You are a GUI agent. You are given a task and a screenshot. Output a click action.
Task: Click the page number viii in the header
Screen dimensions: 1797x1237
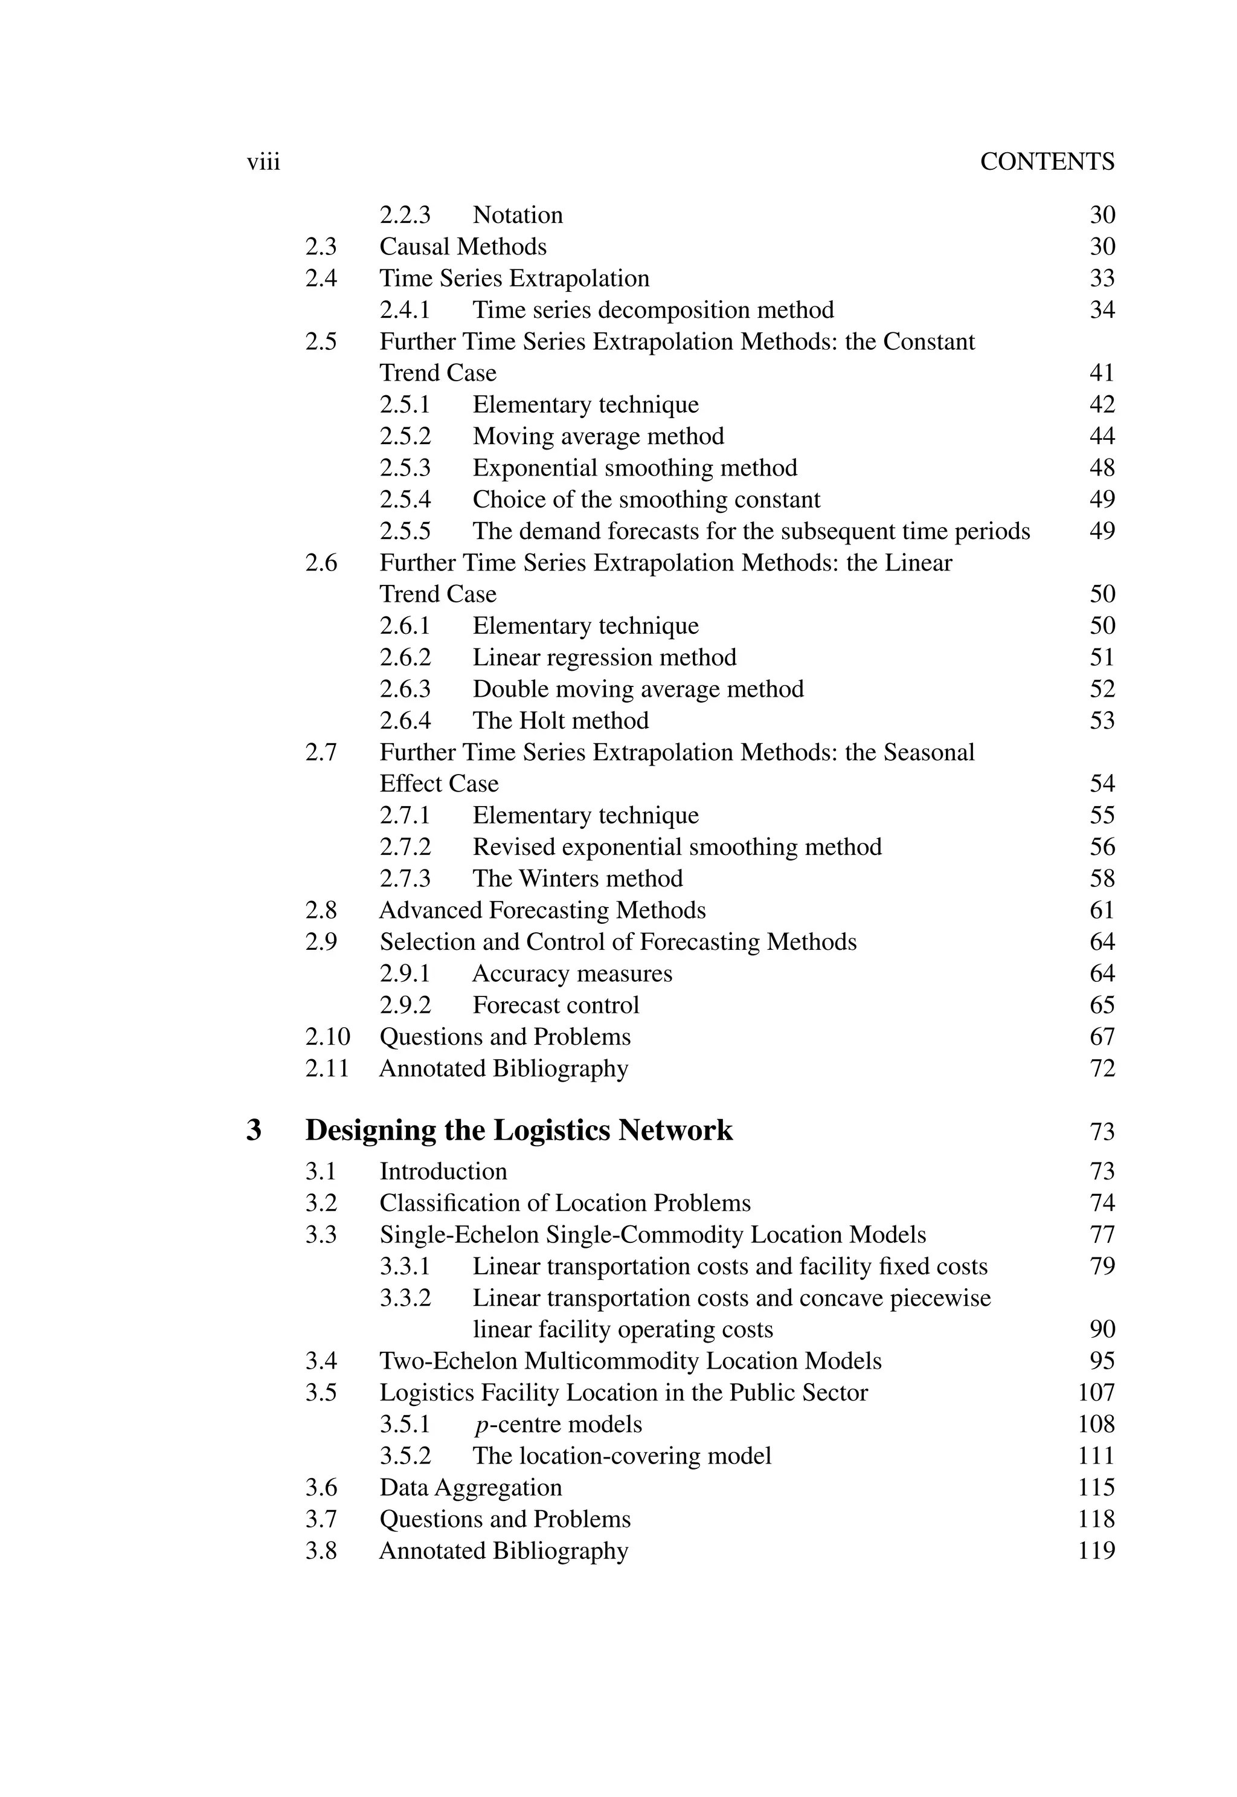tap(263, 163)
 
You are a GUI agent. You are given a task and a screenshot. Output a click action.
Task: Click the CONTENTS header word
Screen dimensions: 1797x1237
tap(1046, 161)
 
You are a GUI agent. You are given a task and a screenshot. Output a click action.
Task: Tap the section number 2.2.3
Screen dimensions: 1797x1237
tap(405, 215)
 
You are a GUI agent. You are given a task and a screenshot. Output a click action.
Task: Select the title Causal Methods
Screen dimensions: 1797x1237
tap(463, 247)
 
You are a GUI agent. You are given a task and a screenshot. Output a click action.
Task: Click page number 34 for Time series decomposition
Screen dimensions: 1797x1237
tap(1101, 310)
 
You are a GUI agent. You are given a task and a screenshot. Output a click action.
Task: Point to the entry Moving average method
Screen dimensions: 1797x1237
tap(597, 436)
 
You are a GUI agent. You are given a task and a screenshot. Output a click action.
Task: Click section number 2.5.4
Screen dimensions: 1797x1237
tap(405, 499)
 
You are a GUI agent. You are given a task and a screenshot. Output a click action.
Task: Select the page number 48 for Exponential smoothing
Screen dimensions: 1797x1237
tap(1101, 468)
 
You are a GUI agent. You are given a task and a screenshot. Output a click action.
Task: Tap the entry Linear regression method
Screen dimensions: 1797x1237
tap(604, 657)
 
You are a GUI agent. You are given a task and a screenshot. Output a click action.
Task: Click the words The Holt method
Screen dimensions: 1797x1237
tap(561, 721)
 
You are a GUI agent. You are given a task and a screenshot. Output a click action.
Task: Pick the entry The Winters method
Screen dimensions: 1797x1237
tap(577, 879)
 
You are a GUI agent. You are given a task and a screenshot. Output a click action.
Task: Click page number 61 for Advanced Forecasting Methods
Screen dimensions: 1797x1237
tap(1101, 910)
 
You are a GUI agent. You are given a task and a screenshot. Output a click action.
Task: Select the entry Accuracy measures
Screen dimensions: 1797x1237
tap(572, 973)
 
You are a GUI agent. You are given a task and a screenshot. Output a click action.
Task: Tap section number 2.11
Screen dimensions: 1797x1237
tap(326, 1068)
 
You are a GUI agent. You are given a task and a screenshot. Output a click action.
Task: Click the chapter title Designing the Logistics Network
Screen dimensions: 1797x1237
tap(518, 1131)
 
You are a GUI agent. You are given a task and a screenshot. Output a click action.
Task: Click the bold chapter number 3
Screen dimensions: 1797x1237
tap(254, 1131)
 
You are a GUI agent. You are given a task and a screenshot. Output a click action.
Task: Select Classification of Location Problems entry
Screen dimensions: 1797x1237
tap(565, 1203)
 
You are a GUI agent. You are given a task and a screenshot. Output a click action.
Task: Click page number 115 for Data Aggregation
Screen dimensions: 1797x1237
tap(1095, 1487)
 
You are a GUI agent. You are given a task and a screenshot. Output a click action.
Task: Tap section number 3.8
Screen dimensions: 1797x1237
tap(321, 1550)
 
